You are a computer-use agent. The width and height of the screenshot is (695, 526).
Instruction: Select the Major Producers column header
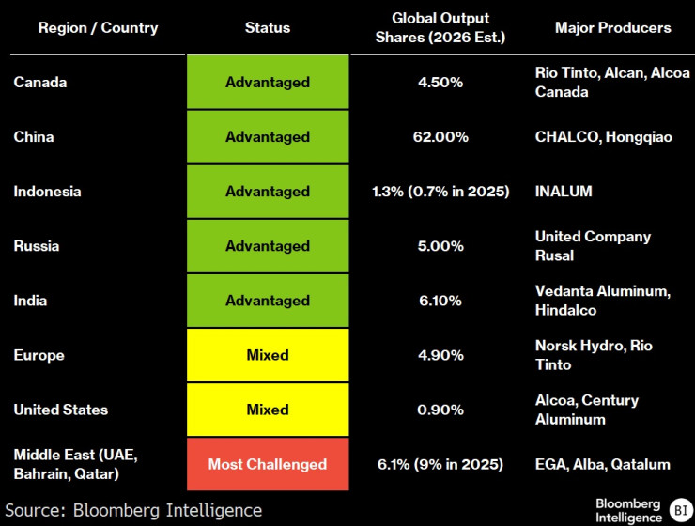612,28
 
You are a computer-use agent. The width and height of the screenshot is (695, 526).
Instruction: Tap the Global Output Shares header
440,28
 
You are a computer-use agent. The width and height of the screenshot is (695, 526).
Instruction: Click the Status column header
267,28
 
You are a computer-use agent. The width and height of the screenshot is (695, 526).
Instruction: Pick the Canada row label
40,83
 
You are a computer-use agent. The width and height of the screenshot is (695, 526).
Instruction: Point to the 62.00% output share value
440,137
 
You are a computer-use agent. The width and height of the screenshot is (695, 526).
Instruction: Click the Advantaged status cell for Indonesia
268,192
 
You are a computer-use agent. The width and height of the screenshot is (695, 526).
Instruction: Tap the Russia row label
37,246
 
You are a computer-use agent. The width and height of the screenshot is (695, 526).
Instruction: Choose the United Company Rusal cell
593,246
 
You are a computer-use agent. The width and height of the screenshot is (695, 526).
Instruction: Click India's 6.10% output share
440,301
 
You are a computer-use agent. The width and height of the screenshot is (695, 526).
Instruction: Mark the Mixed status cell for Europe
268,355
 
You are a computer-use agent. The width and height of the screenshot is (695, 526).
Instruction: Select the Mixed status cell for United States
268,410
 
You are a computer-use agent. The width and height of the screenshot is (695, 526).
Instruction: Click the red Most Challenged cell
268,464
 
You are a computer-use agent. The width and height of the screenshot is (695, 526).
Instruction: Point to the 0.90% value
440,410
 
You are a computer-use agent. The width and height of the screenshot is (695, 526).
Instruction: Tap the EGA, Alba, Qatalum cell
602,464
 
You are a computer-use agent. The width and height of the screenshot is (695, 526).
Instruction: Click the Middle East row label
75,464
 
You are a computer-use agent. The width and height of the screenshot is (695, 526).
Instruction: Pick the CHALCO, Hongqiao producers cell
603,137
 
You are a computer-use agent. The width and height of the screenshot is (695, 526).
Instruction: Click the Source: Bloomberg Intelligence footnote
132,510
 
